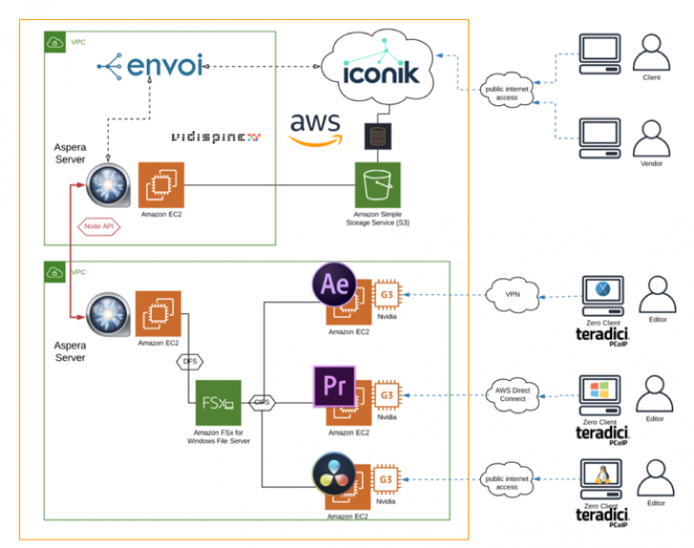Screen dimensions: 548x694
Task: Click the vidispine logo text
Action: pyautogui.click(x=215, y=137)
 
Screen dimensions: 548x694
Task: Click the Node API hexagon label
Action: pyautogui.click(x=97, y=226)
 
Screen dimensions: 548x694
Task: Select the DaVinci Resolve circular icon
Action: pyautogui.click(x=334, y=476)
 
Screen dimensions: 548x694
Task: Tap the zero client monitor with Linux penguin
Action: pyautogui.click(x=599, y=475)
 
